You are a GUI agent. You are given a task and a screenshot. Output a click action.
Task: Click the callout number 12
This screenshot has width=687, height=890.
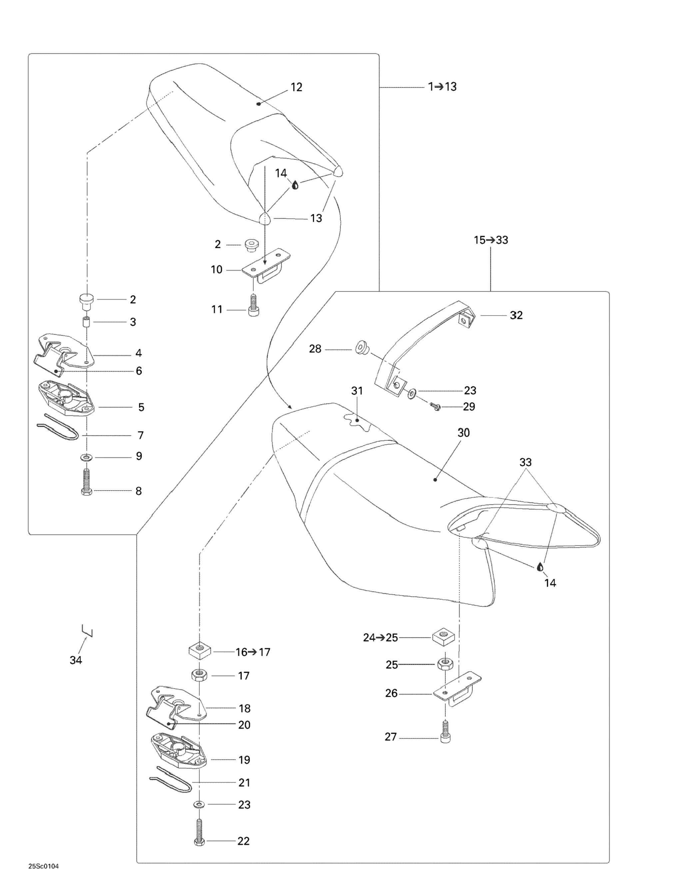(296, 87)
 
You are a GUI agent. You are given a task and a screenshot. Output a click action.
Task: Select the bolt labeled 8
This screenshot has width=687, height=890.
(86, 482)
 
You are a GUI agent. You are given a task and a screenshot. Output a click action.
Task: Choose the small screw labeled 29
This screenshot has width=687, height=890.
(435, 406)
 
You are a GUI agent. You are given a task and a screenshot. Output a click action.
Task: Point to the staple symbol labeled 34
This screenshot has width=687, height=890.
(87, 630)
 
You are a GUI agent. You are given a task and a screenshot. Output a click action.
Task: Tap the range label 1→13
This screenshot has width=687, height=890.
(442, 87)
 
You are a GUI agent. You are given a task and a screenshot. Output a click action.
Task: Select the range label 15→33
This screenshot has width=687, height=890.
(491, 240)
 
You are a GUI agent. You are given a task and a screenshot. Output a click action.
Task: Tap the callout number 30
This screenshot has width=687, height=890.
(464, 433)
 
